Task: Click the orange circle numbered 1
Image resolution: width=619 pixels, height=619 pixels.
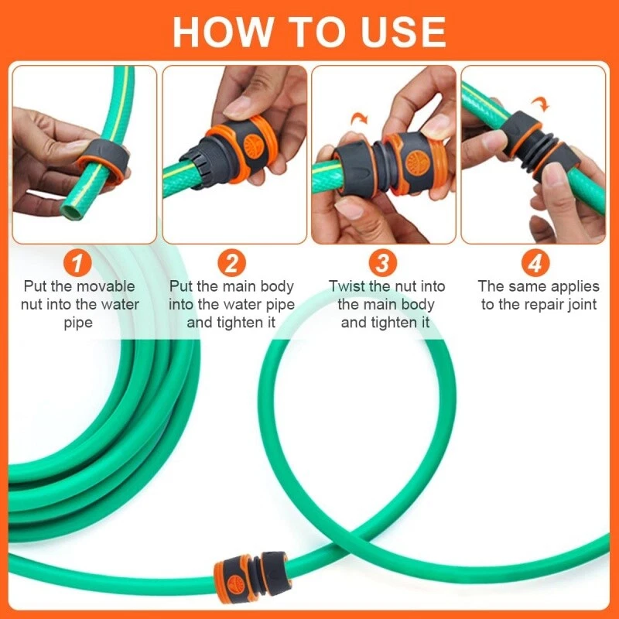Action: point(77,264)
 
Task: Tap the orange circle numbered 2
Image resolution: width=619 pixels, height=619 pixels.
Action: point(231,264)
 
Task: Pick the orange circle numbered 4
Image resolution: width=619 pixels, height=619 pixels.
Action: point(535,264)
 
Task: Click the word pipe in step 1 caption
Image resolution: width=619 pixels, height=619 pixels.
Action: point(77,323)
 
